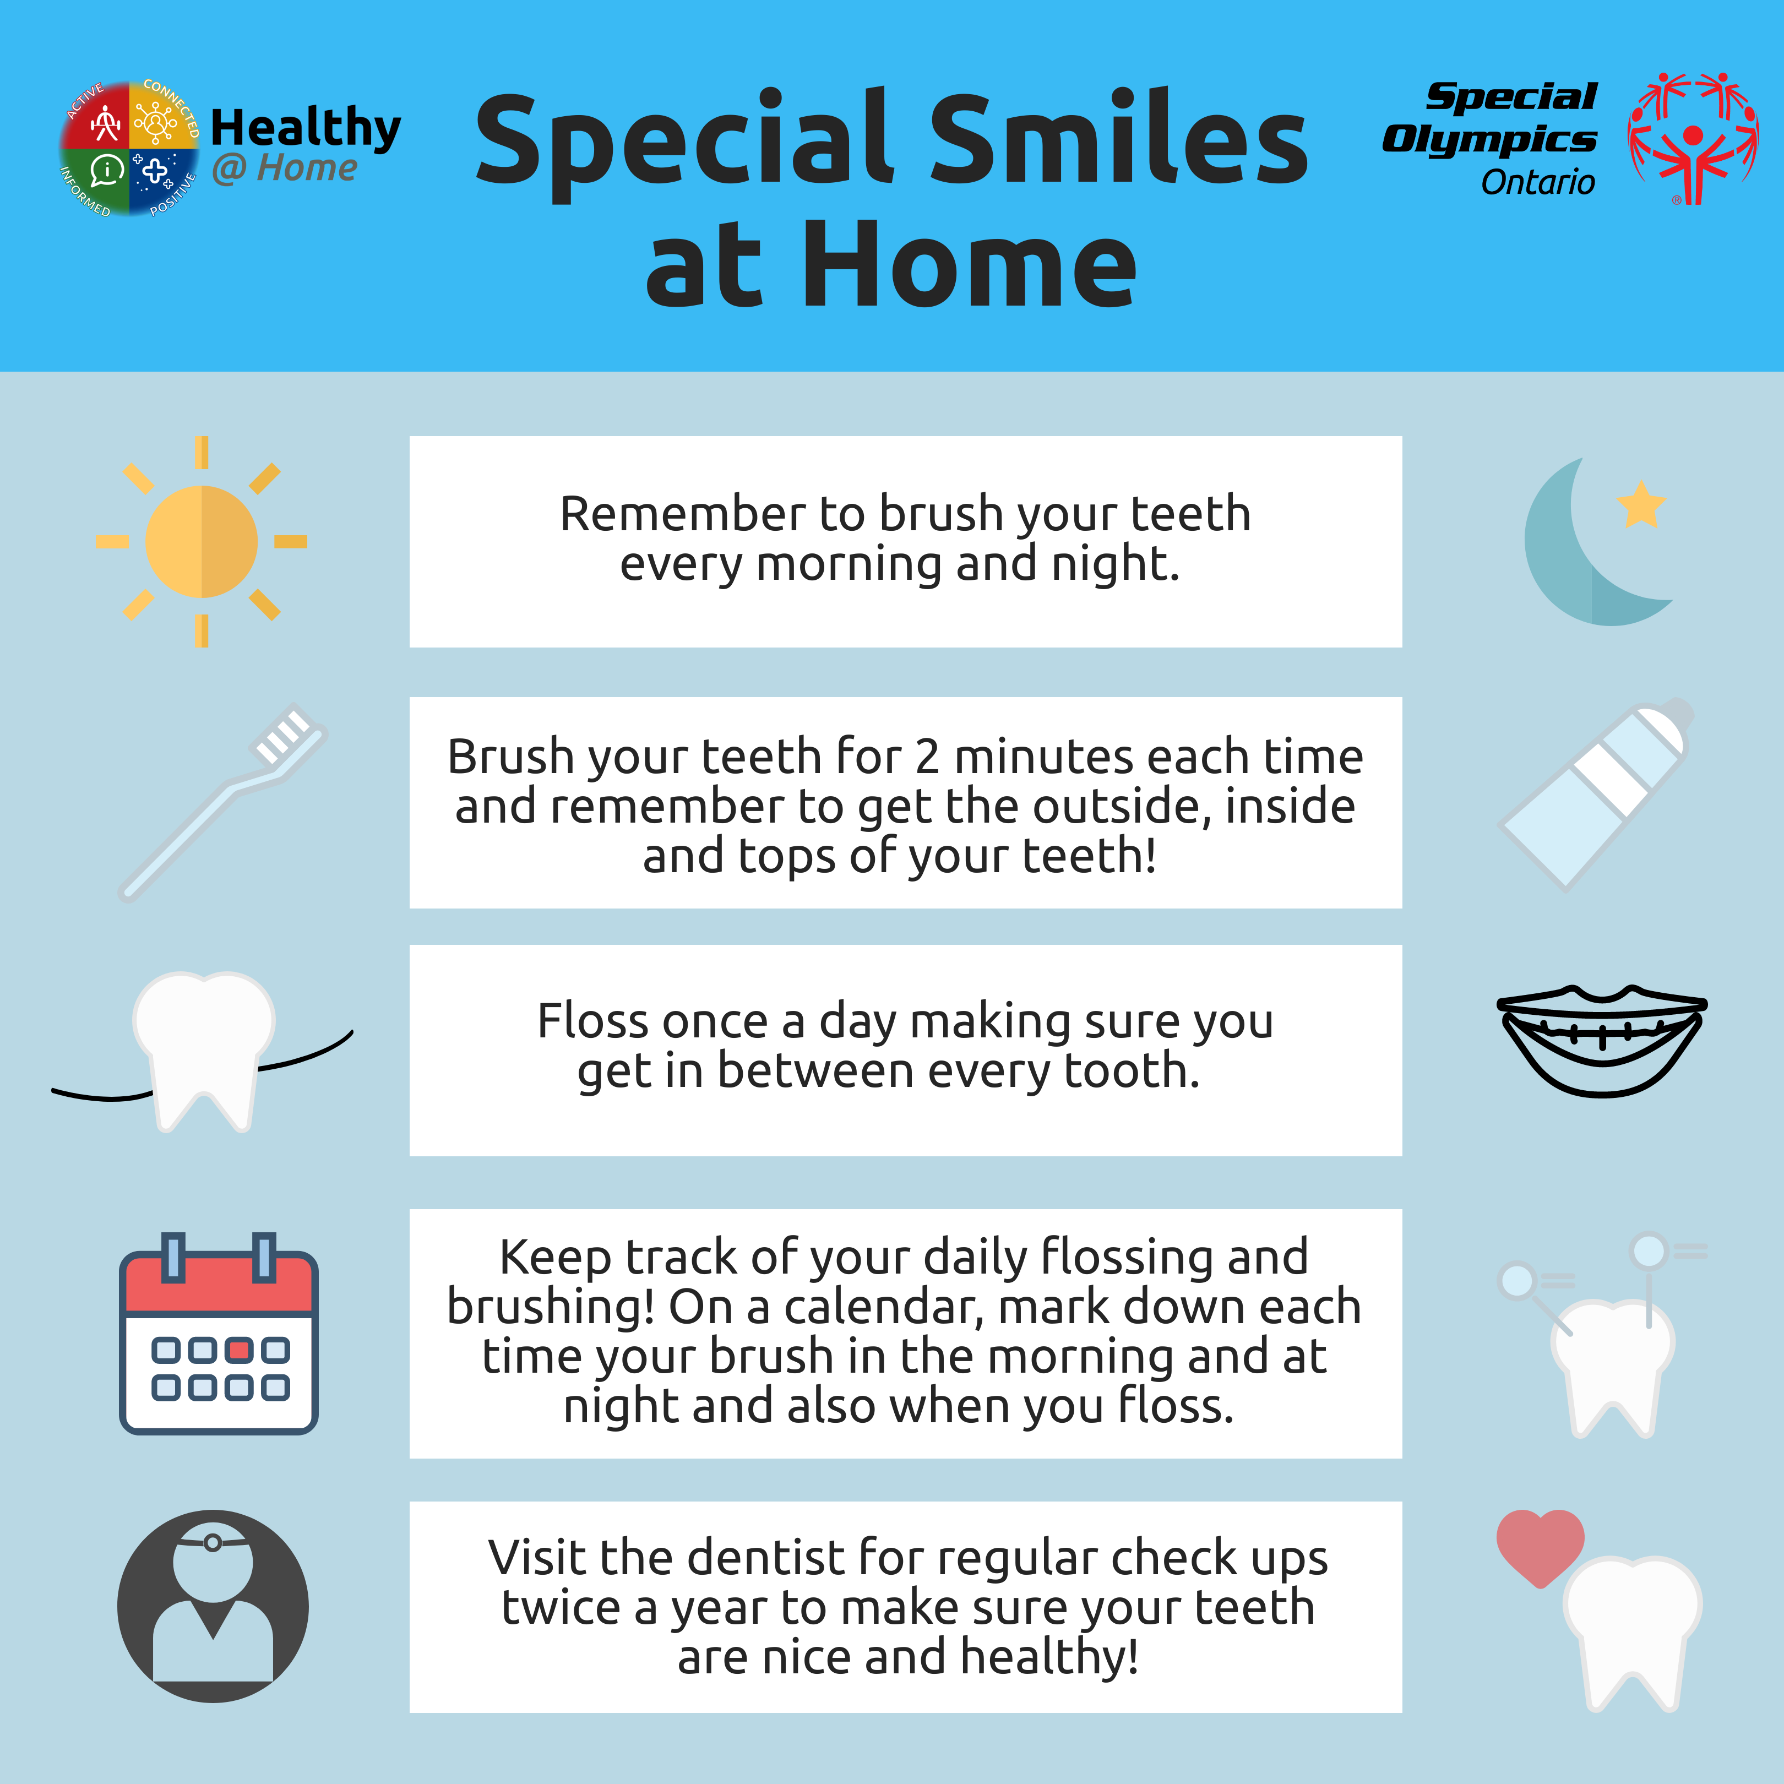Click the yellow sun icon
(202, 541)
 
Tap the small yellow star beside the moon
(1641, 504)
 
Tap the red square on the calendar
(239, 1350)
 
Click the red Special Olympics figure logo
(1693, 139)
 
